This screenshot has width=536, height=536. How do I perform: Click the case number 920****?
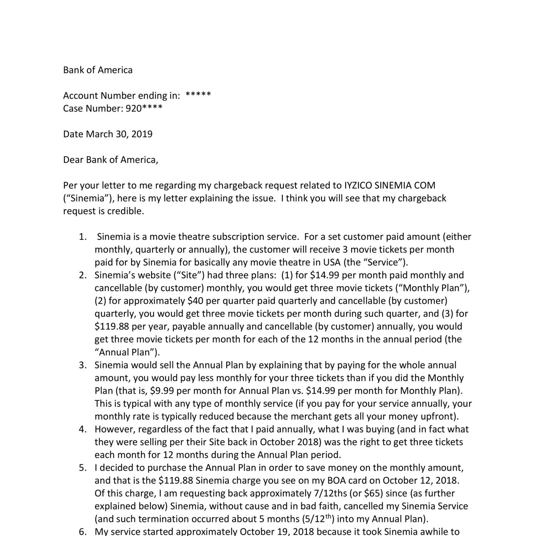[144, 108]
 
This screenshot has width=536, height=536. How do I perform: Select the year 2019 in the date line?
[142, 134]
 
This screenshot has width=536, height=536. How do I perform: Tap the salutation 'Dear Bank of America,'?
[110, 160]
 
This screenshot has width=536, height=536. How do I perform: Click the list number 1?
[83, 237]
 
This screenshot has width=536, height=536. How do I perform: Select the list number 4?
[83, 429]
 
